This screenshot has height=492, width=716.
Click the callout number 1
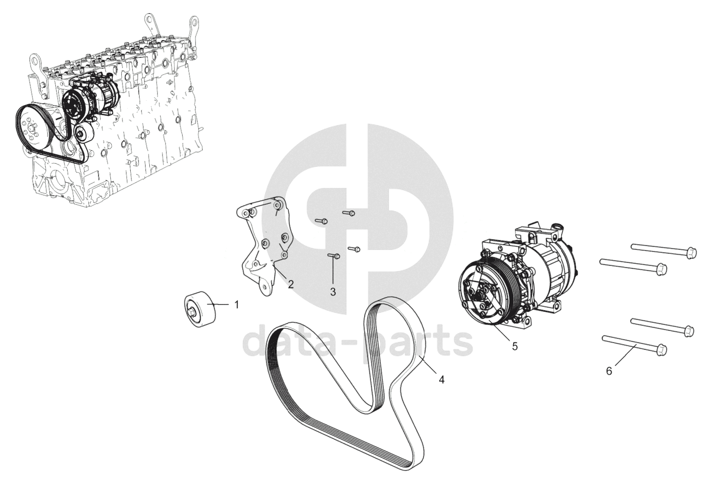pyautogui.click(x=236, y=305)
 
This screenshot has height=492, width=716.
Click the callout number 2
pyautogui.click(x=290, y=284)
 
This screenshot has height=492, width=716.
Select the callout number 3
pyautogui.click(x=333, y=292)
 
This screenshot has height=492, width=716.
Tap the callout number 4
pyautogui.click(x=441, y=380)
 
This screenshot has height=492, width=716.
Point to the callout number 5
pyautogui.click(x=515, y=346)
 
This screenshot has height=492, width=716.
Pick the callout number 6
pyautogui.click(x=609, y=371)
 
